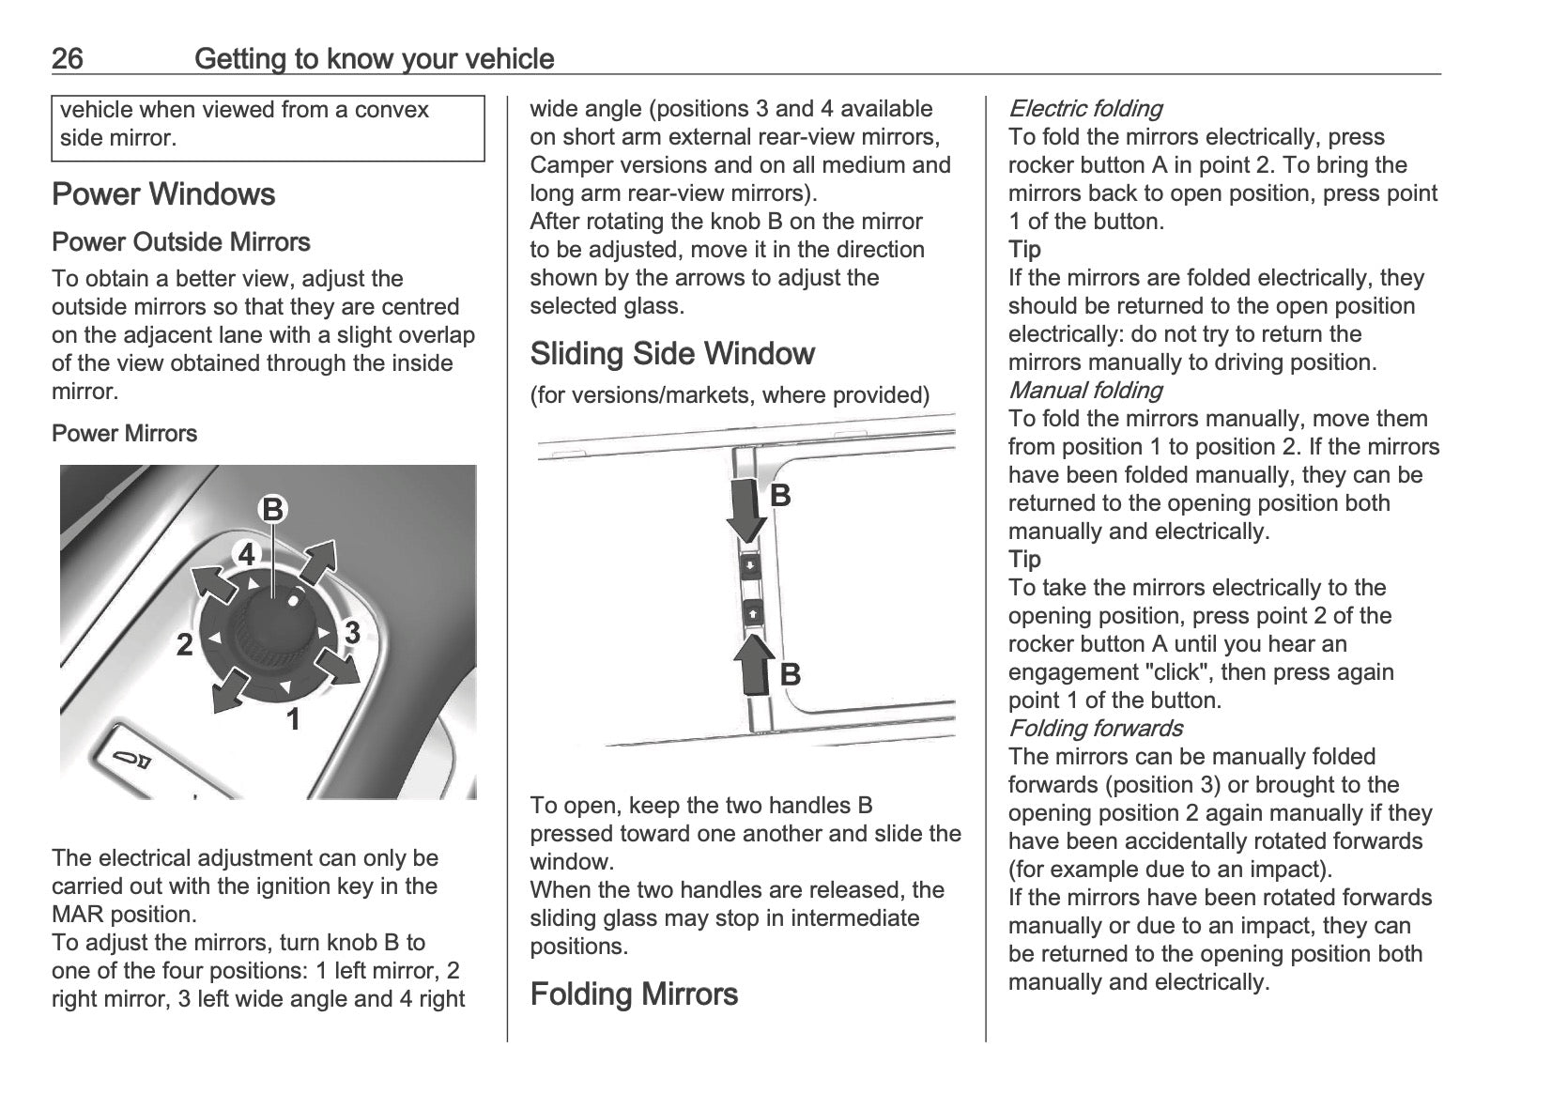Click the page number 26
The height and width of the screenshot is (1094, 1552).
tap(68, 59)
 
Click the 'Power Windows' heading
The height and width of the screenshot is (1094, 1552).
tap(163, 194)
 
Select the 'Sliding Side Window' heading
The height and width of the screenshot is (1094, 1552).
tap(672, 354)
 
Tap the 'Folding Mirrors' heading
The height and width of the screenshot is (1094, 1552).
tap(634, 994)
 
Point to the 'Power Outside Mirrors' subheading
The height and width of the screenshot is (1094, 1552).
tap(181, 242)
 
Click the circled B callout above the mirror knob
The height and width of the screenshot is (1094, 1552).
tap(272, 510)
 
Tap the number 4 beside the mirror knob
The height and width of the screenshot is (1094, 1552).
tap(246, 555)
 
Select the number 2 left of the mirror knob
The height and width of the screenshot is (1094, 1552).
tap(185, 645)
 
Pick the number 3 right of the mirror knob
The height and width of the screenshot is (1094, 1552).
tap(352, 633)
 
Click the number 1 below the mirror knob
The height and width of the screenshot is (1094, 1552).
tap(293, 720)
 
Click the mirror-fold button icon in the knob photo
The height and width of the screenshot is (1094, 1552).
tap(131, 760)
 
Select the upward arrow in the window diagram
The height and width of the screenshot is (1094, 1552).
tap(753, 665)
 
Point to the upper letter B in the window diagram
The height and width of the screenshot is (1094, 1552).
tap(780, 496)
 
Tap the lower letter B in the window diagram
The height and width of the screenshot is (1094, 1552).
tap(791, 674)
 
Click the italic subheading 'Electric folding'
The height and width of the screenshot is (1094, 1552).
tap(1084, 109)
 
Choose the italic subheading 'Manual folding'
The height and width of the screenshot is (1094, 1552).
tap(1084, 391)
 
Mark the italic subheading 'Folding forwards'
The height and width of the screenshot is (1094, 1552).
tap(1095, 729)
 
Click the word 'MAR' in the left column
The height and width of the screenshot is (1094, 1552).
tap(77, 915)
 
